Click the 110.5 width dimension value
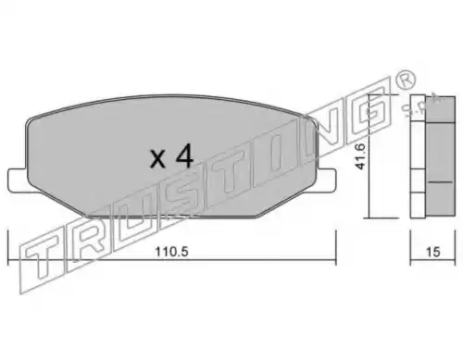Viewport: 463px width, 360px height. pos(171,252)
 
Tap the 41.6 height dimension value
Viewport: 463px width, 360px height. pos(360,156)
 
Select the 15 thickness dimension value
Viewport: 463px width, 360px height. pos(432,252)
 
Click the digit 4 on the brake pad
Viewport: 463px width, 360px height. pos(184,156)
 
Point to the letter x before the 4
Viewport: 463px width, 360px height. pos(157,160)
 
